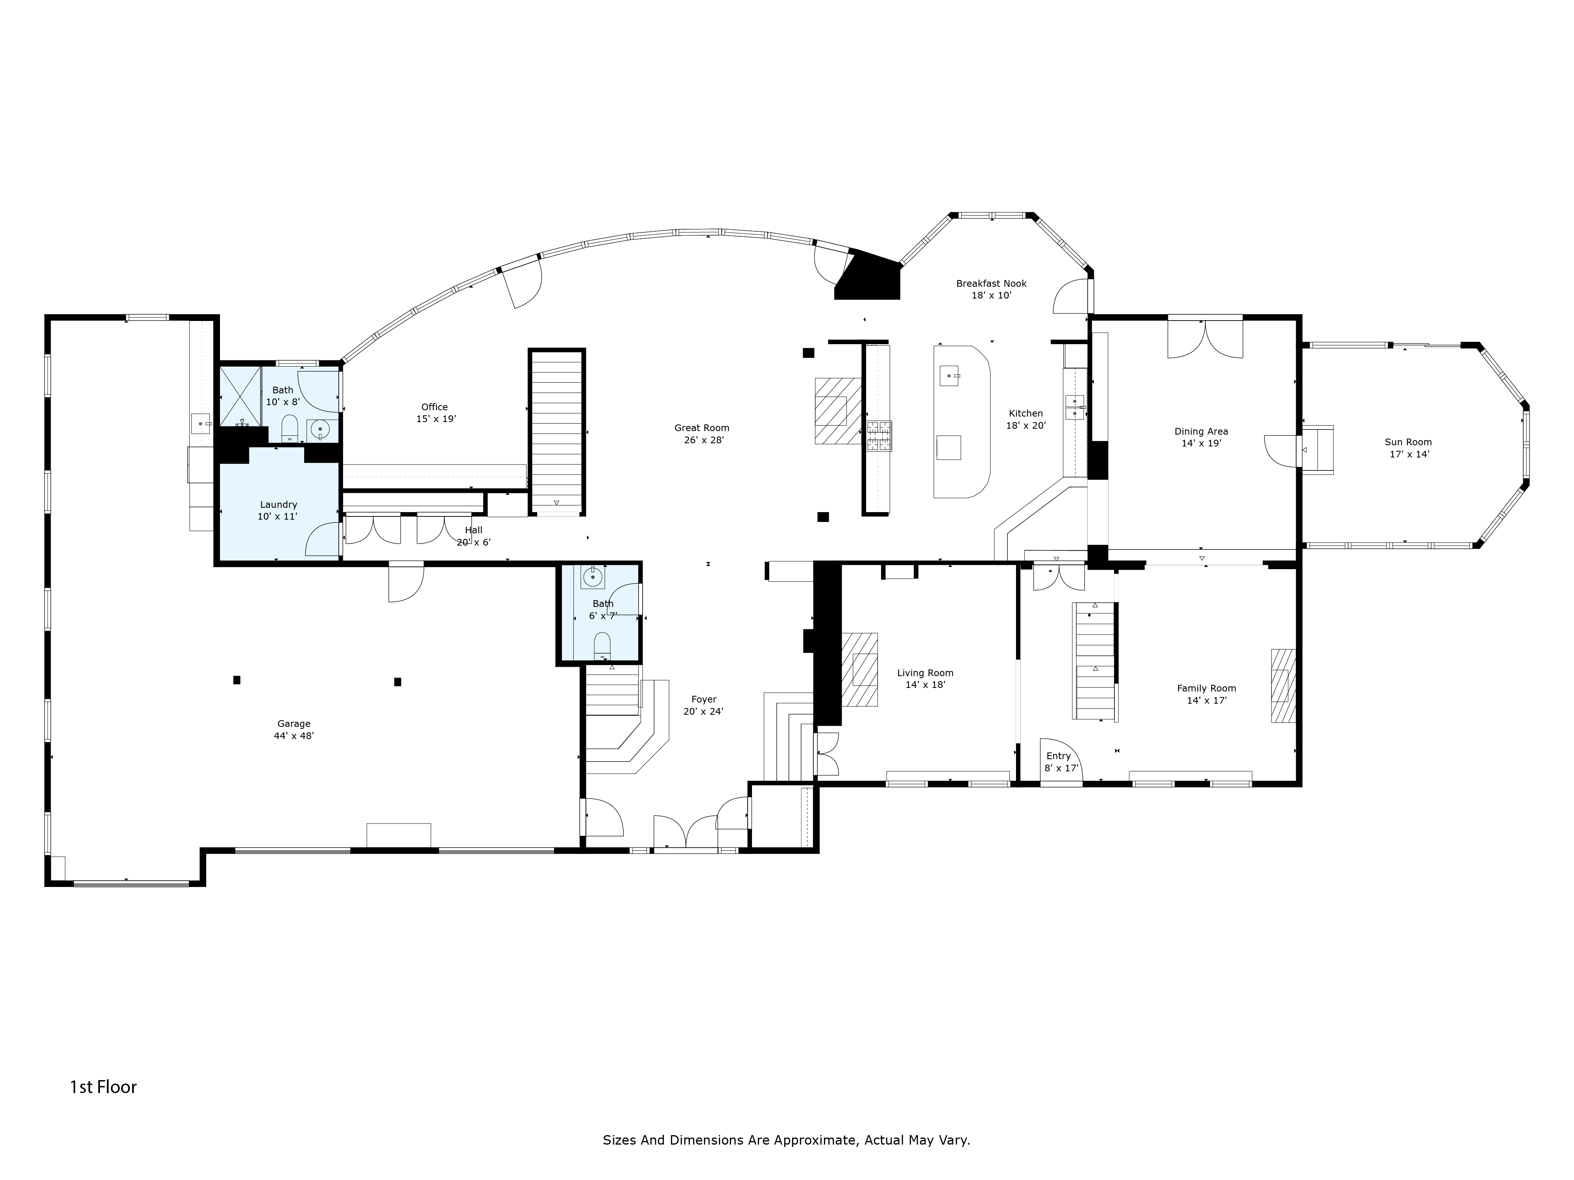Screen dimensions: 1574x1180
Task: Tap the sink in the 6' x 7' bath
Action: tap(593, 577)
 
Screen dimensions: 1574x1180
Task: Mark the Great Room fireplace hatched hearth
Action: tap(839, 410)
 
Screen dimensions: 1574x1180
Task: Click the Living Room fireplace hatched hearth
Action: tap(859, 669)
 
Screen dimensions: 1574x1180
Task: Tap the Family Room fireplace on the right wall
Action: tap(1283, 686)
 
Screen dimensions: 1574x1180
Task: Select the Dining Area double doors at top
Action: tap(1205, 339)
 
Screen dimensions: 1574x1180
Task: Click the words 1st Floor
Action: tap(103, 1087)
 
